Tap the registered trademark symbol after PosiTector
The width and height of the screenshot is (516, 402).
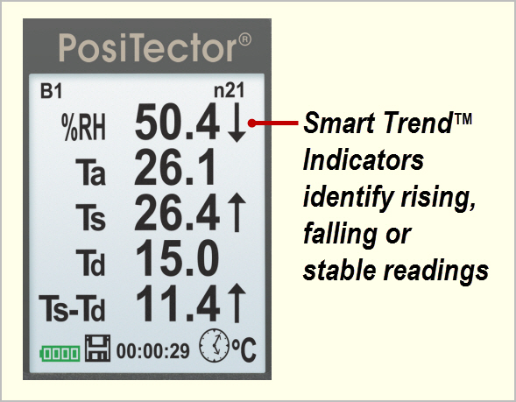click(x=244, y=39)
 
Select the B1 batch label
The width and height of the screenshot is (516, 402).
click(x=51, y=91)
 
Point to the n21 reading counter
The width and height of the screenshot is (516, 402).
click(x=230, y=90)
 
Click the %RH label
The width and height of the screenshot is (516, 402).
click(x=83, y=127)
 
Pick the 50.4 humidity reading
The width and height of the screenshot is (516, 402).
click(x=177, y=122)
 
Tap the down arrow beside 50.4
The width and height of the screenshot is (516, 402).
click(x=237, y=123)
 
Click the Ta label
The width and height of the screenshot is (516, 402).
click(x=90, y=172)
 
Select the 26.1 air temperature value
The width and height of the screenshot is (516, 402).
click(x=175, y=167)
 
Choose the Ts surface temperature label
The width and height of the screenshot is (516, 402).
click(x=90, y=216)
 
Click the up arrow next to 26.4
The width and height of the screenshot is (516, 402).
click(x=237, y=213)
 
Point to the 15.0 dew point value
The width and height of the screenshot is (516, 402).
click(x=177, y=257)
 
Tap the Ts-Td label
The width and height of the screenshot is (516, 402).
click(x=72, y=307)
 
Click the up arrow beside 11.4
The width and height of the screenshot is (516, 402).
click(x=237, y=303)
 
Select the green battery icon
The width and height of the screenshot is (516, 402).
click(x=60, y=354)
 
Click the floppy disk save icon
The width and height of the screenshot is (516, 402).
click(x=98, y=349)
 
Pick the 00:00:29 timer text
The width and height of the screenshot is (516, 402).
click(x=153, y=351)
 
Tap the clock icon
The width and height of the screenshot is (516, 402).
click(x=214, y=346)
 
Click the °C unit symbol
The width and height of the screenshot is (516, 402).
click(x=244, y=349)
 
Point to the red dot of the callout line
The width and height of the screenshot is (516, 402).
click(x=251, y=123)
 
